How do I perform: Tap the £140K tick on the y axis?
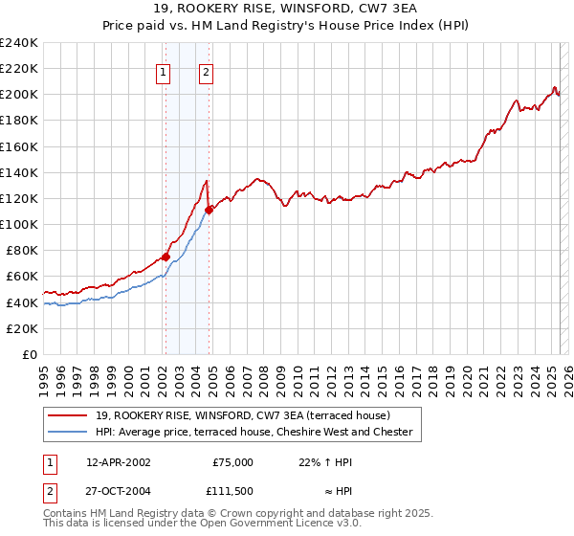19,172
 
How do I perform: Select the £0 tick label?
32,354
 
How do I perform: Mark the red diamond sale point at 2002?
166,257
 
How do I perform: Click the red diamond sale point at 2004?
209,209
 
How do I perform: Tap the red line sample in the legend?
69,415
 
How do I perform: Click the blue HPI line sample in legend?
69,432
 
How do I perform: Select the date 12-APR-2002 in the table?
118,461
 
